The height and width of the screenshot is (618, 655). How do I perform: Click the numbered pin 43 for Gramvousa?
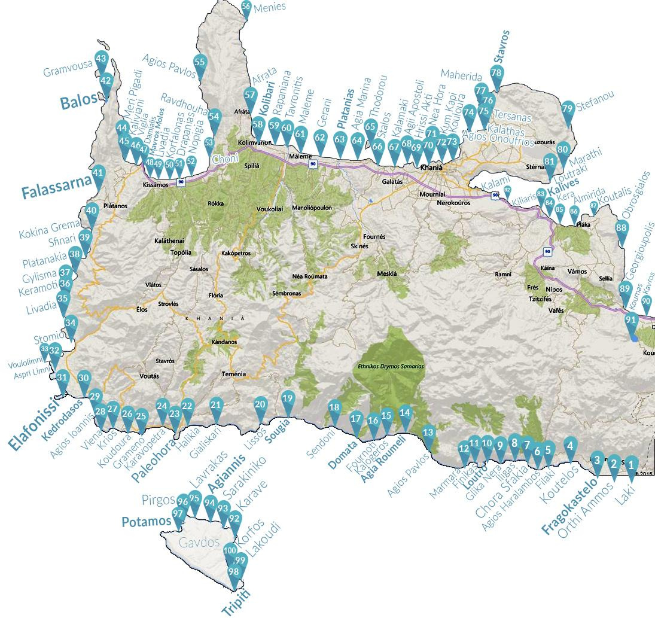pos(101,60)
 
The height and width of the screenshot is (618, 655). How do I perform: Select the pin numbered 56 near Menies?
pos(246,7)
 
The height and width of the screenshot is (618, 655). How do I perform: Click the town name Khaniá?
pos(431,168)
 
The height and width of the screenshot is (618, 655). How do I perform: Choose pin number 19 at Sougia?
pos(287,400)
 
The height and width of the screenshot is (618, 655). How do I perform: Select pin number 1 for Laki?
pos(630,463)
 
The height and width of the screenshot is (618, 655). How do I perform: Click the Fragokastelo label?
pos(569,506)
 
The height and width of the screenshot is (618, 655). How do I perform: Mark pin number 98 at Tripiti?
pos(233,573)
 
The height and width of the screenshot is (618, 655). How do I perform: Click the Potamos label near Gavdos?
pos(146,522)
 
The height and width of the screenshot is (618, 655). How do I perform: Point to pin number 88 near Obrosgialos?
pos(622,229)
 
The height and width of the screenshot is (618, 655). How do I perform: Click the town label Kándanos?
pos(224,342)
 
